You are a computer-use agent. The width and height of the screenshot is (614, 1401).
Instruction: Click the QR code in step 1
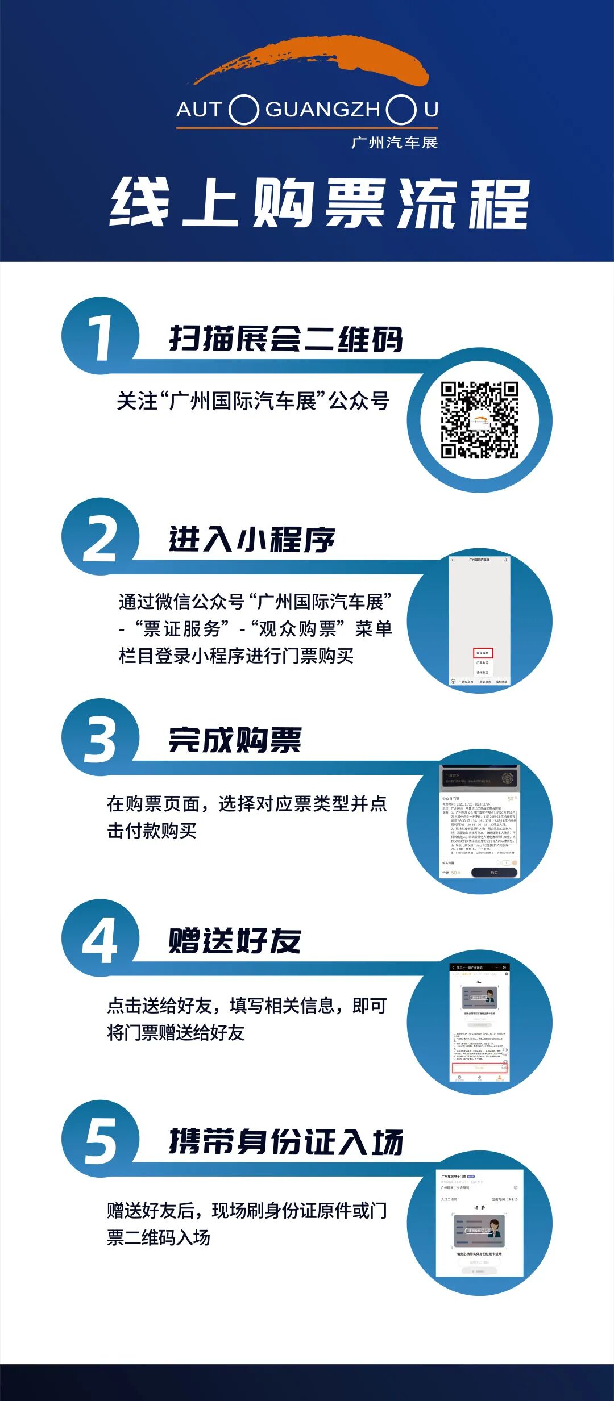coord(479,420)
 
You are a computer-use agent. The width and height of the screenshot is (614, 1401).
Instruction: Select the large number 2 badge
coord(100,537)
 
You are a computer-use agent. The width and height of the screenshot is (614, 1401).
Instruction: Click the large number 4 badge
coord(100,939)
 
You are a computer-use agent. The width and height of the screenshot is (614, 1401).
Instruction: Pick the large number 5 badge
coord(100,1140)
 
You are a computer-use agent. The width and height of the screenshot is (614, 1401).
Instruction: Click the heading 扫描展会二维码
coord(286,339)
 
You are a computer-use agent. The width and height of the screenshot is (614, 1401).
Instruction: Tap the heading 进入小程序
coord(252,539)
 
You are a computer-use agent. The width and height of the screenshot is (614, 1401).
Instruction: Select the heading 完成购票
coord(235,740)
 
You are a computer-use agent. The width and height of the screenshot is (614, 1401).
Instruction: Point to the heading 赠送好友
coord(235,941)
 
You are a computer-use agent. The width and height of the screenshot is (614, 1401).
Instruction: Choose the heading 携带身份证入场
coord(286,1141)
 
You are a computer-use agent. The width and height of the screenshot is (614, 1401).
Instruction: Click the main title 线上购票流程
coord(320,203)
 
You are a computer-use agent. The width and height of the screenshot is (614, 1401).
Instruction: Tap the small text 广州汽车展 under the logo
coord(395,142)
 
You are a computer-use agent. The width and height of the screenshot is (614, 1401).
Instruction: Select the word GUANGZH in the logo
coord(323,109)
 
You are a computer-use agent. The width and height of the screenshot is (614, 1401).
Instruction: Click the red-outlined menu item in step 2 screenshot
coord(483,653)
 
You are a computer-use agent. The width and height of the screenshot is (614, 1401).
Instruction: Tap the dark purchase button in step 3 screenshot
coord(493,872)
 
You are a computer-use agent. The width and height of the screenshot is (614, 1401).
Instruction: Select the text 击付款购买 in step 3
coord(152,831)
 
